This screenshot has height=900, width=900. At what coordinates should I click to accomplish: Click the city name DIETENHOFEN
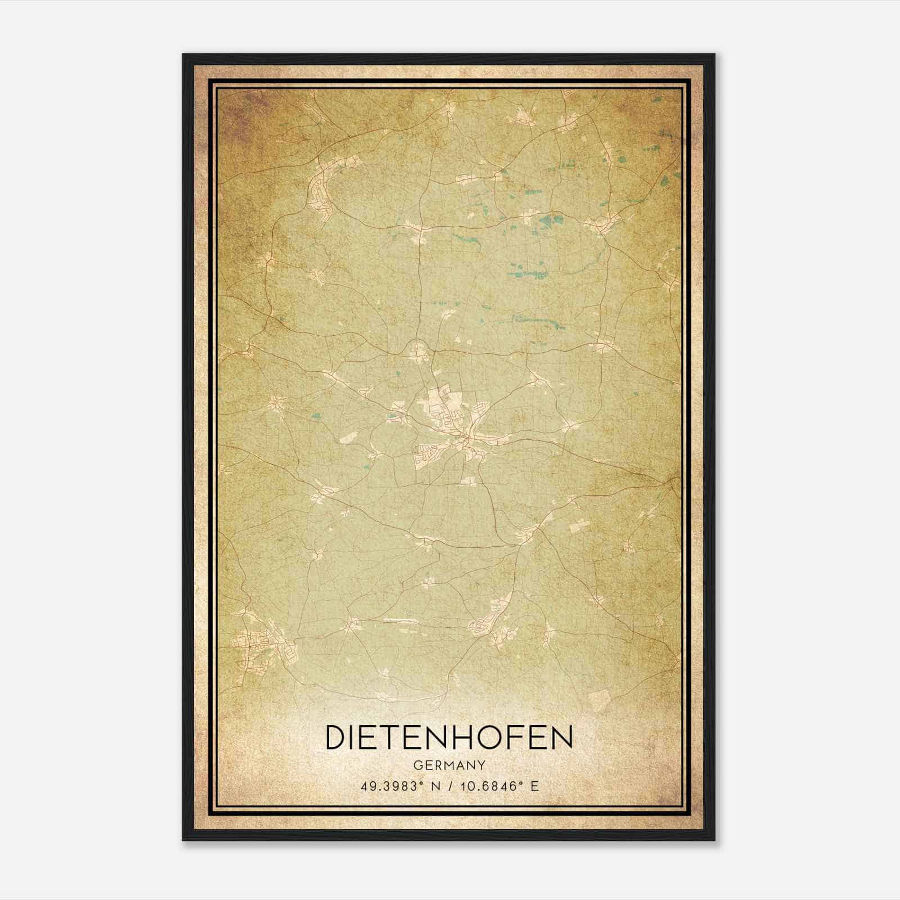449,738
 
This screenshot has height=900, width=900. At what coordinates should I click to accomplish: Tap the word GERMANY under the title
449,766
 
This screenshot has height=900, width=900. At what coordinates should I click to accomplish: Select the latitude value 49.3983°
391,786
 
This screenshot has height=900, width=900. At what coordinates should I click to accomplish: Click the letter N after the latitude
435,786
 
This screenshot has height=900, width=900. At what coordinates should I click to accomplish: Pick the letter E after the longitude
534,786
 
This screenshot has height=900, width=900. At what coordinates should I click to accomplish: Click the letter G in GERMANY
417,766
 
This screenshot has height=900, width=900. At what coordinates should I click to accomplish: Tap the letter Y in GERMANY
481,766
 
